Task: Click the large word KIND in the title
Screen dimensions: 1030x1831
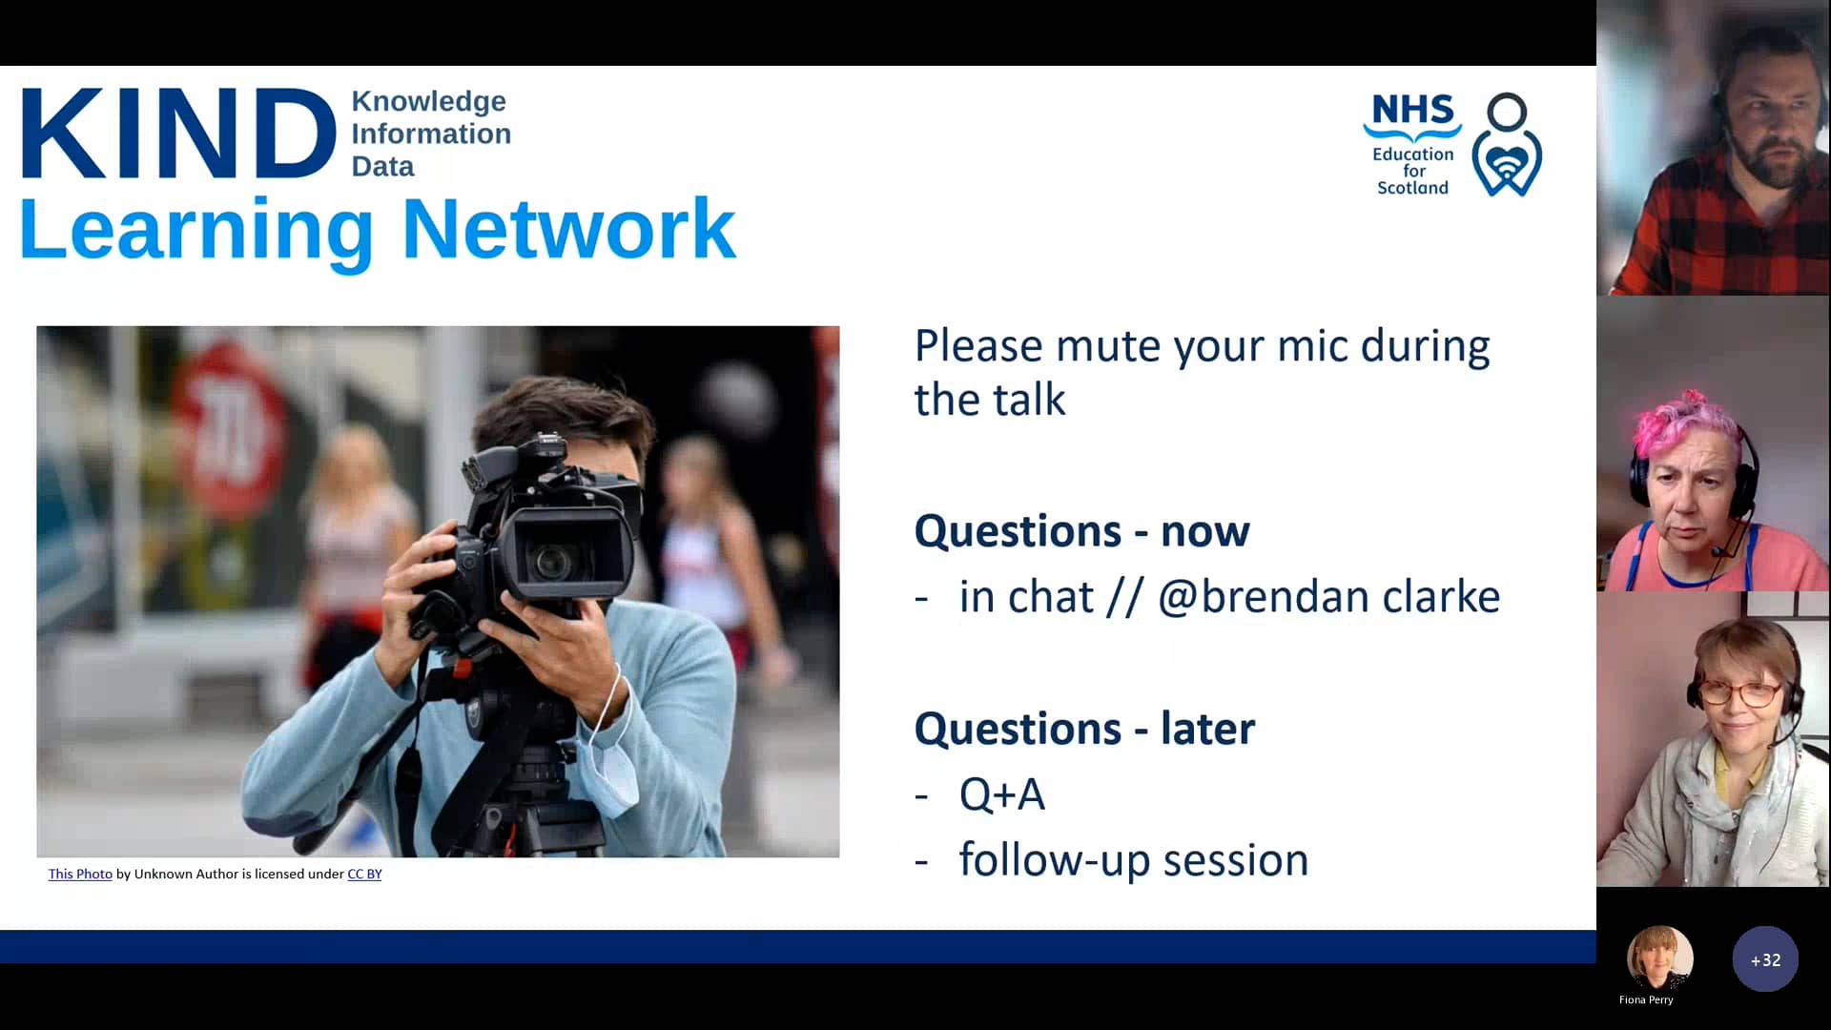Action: (x=178, y=134)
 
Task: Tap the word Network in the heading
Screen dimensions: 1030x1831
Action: (x=568, y=229)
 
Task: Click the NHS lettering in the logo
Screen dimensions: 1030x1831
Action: (x=1412, y=111)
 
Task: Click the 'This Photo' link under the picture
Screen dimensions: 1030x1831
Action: (x=80, y=874)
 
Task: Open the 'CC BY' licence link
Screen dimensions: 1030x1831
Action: (x=364, y=874)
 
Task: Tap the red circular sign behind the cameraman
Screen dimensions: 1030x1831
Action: (x=230, y=429)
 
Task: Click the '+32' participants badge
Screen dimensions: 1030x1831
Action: (x=1765, y=959)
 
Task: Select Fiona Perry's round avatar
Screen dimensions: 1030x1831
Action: (x=1659, y=958)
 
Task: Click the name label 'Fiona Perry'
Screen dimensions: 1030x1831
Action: (x=1646, y=999)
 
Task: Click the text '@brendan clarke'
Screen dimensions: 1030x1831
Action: (x=1328, y=597)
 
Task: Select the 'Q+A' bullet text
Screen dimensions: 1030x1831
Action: (x=1001, y=794)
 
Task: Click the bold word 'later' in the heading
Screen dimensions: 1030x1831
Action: (x=1207, y=729)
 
